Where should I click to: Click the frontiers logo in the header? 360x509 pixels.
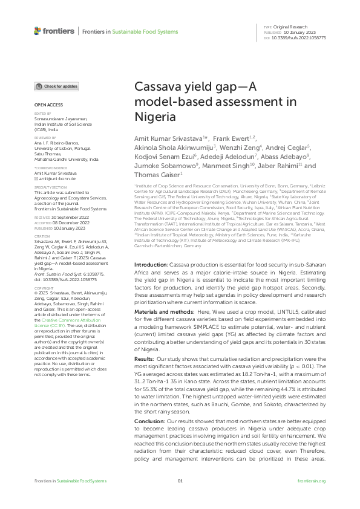(x=54, y=31)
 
